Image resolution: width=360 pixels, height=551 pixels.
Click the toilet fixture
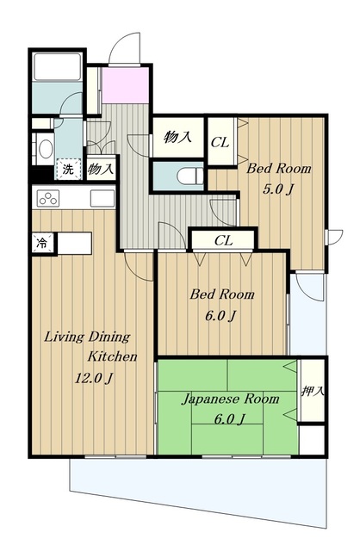(190, 176)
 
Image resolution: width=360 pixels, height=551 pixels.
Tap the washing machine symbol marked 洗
(68, 170)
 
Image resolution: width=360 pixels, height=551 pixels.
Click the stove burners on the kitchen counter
(48, 199)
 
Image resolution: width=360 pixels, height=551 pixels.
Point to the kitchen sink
(102, 199)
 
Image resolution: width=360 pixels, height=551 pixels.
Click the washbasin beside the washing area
(46, 149)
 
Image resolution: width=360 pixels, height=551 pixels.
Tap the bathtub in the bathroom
(58, 66)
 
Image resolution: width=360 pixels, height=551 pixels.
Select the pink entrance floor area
(125, 85)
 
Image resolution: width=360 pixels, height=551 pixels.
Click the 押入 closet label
(312, 391)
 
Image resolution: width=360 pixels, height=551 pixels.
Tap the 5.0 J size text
(278, 189)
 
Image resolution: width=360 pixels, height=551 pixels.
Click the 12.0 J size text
(94, 379)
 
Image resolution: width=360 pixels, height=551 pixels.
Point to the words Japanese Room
(230, 399)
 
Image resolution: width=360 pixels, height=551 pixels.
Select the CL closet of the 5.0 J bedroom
(220, 141)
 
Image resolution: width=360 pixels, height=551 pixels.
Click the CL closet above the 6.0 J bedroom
(223, 241)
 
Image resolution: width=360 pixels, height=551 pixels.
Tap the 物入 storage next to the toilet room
(178, 137)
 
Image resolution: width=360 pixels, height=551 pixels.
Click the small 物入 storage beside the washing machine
(102, 169)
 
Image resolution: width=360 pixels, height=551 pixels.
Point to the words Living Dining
(87, 337)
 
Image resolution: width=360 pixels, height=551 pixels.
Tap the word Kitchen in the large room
(112, 356)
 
